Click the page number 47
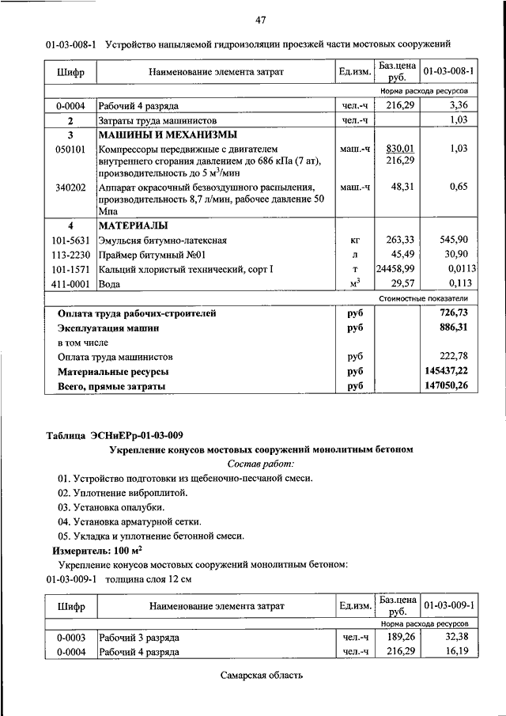click(x=259, y=19)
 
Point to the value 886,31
click(x=453, y=327)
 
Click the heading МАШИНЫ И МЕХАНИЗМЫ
click(x=156, y=134)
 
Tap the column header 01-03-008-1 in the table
click(x=448, y=72)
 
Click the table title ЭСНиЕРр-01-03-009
click(x=137, y=434)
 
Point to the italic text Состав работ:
click(x=260, y=464)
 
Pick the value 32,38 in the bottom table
click(x=457, y=637)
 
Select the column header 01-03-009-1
click(x=448, y=605)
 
